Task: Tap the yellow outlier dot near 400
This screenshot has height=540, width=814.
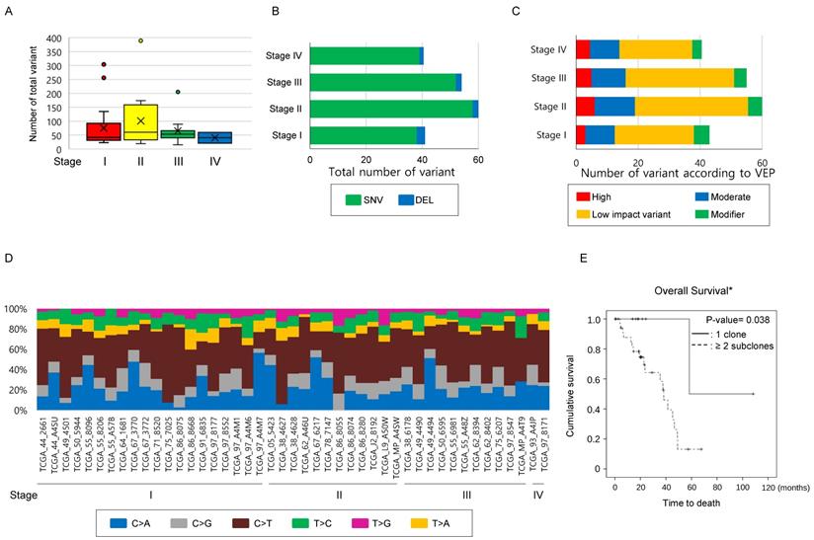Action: coord(141,40)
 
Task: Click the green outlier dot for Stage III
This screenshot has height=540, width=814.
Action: coord(178,92)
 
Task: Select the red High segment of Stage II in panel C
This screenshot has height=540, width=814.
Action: coord(586,106)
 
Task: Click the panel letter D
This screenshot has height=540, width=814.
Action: coord(9,259)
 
